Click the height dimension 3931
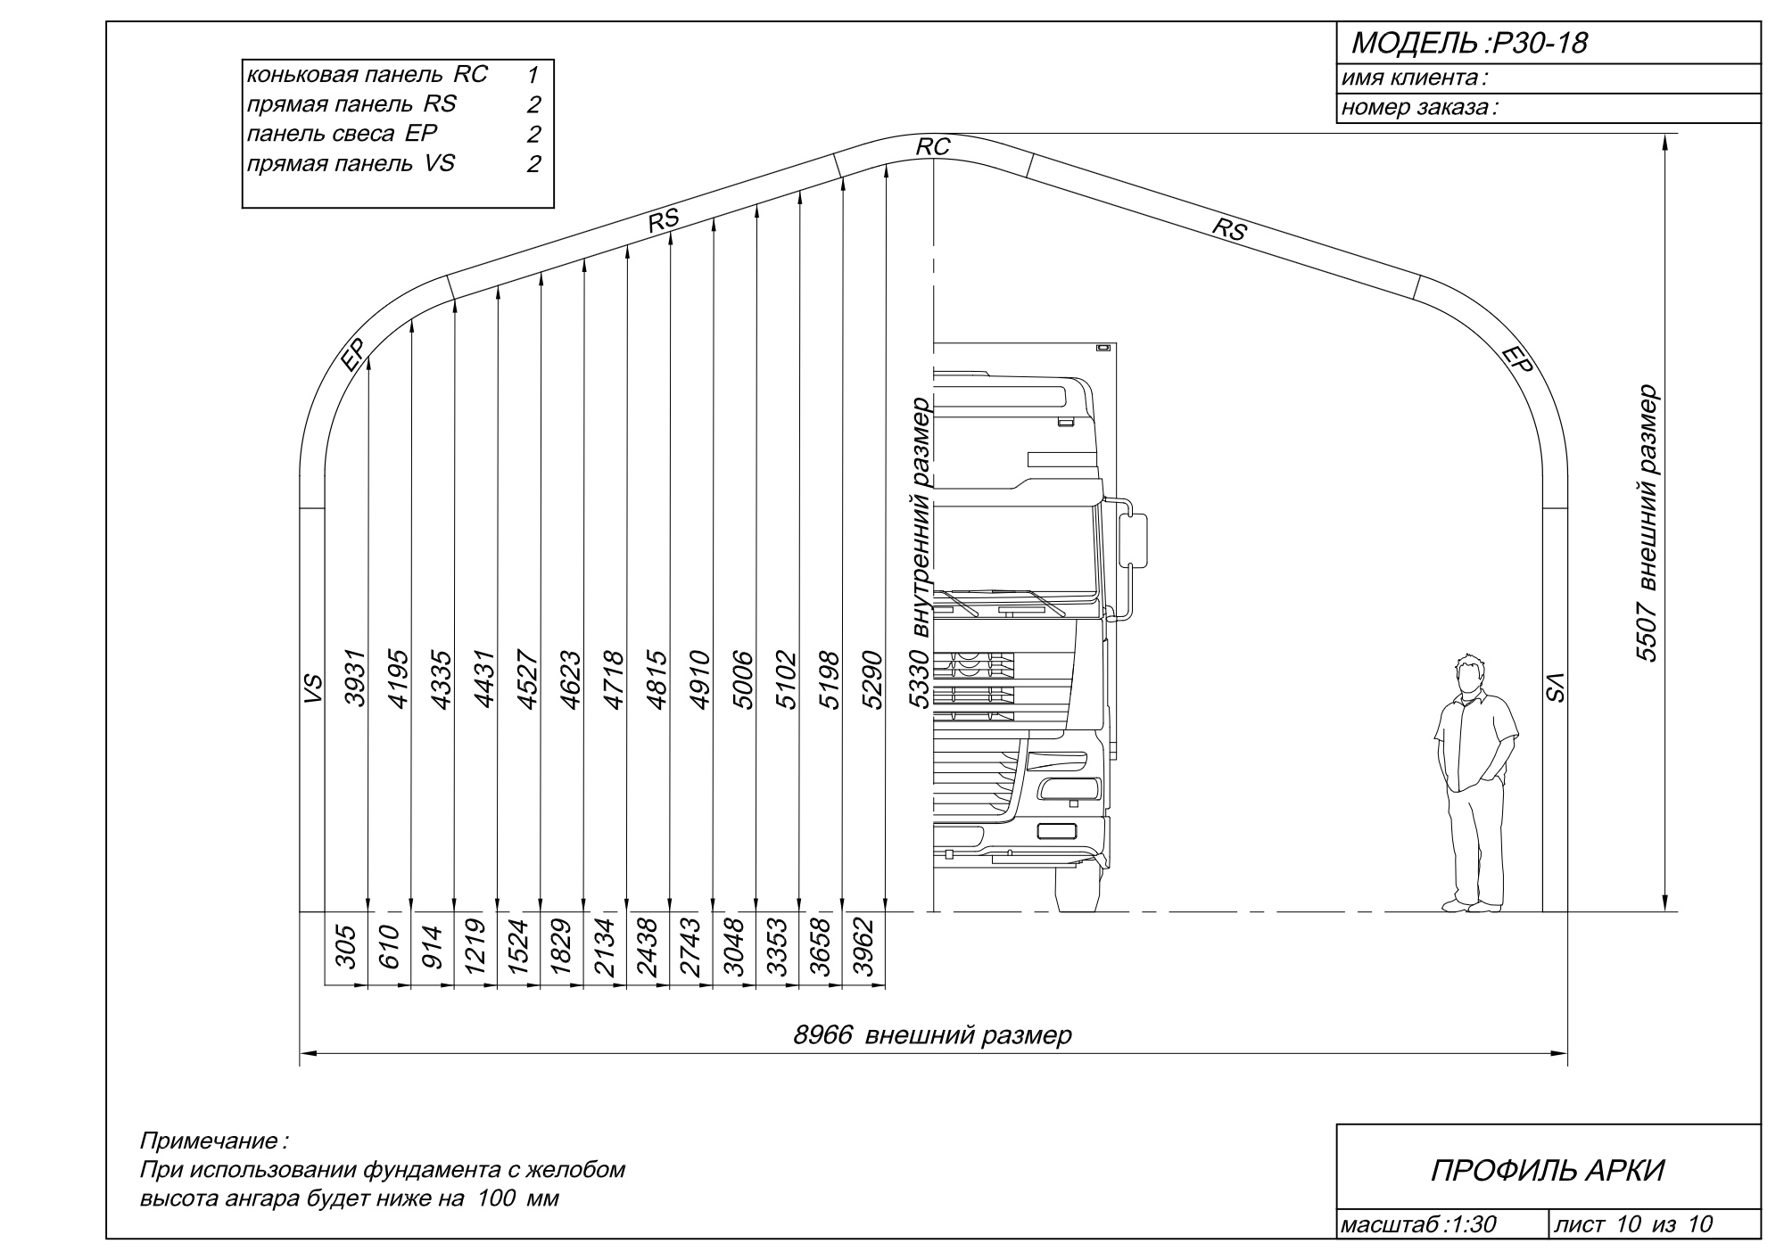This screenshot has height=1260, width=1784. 356,678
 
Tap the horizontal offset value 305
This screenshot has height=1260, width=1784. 346,947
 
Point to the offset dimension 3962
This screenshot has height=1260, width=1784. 863,948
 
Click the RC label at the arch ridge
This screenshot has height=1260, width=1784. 933,147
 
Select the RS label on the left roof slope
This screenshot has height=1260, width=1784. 664,220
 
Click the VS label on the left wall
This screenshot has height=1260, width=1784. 312,689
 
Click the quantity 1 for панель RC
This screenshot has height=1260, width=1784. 533,75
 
